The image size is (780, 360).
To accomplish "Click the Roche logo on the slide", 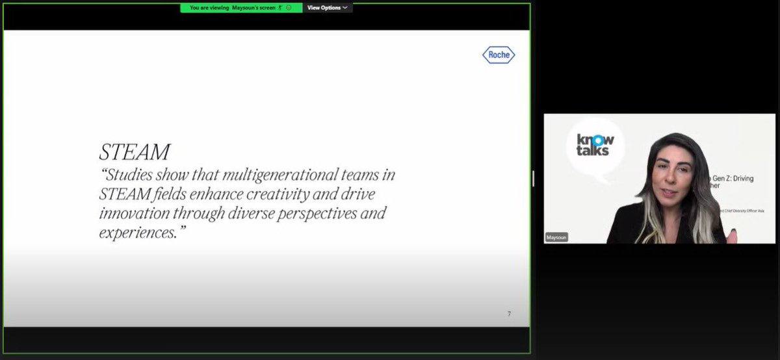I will (x=499, y=55).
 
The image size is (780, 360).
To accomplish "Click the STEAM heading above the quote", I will (x=135, y=152).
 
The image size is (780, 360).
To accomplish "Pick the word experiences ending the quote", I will (x=135, y=232).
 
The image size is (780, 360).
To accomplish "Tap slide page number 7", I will (x=509, y=314).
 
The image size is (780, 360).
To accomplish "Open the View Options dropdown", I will (x=327, y=8).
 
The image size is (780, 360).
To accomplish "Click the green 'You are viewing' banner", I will (x=240, y=8).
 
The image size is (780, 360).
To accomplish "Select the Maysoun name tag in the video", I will (x=556, y=237).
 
